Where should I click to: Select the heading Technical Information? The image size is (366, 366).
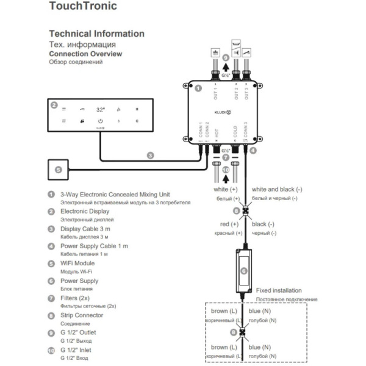tap(96, 34)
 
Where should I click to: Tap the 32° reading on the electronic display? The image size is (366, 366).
tap(101, 110)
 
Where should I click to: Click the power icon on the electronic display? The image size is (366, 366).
tap(101, 121)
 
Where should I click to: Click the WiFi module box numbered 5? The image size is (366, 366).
tap(59, 169)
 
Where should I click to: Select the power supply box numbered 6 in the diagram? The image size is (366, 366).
tap(244, 270)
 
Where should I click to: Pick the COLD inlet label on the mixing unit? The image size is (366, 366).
tap(235, 131)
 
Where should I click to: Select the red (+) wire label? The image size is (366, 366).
tap(229, 224)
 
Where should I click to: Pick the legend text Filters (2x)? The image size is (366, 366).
tap(81, 298)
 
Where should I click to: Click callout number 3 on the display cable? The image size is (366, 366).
tap(150, 155)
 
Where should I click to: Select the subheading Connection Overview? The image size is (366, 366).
tap(85, 54)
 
